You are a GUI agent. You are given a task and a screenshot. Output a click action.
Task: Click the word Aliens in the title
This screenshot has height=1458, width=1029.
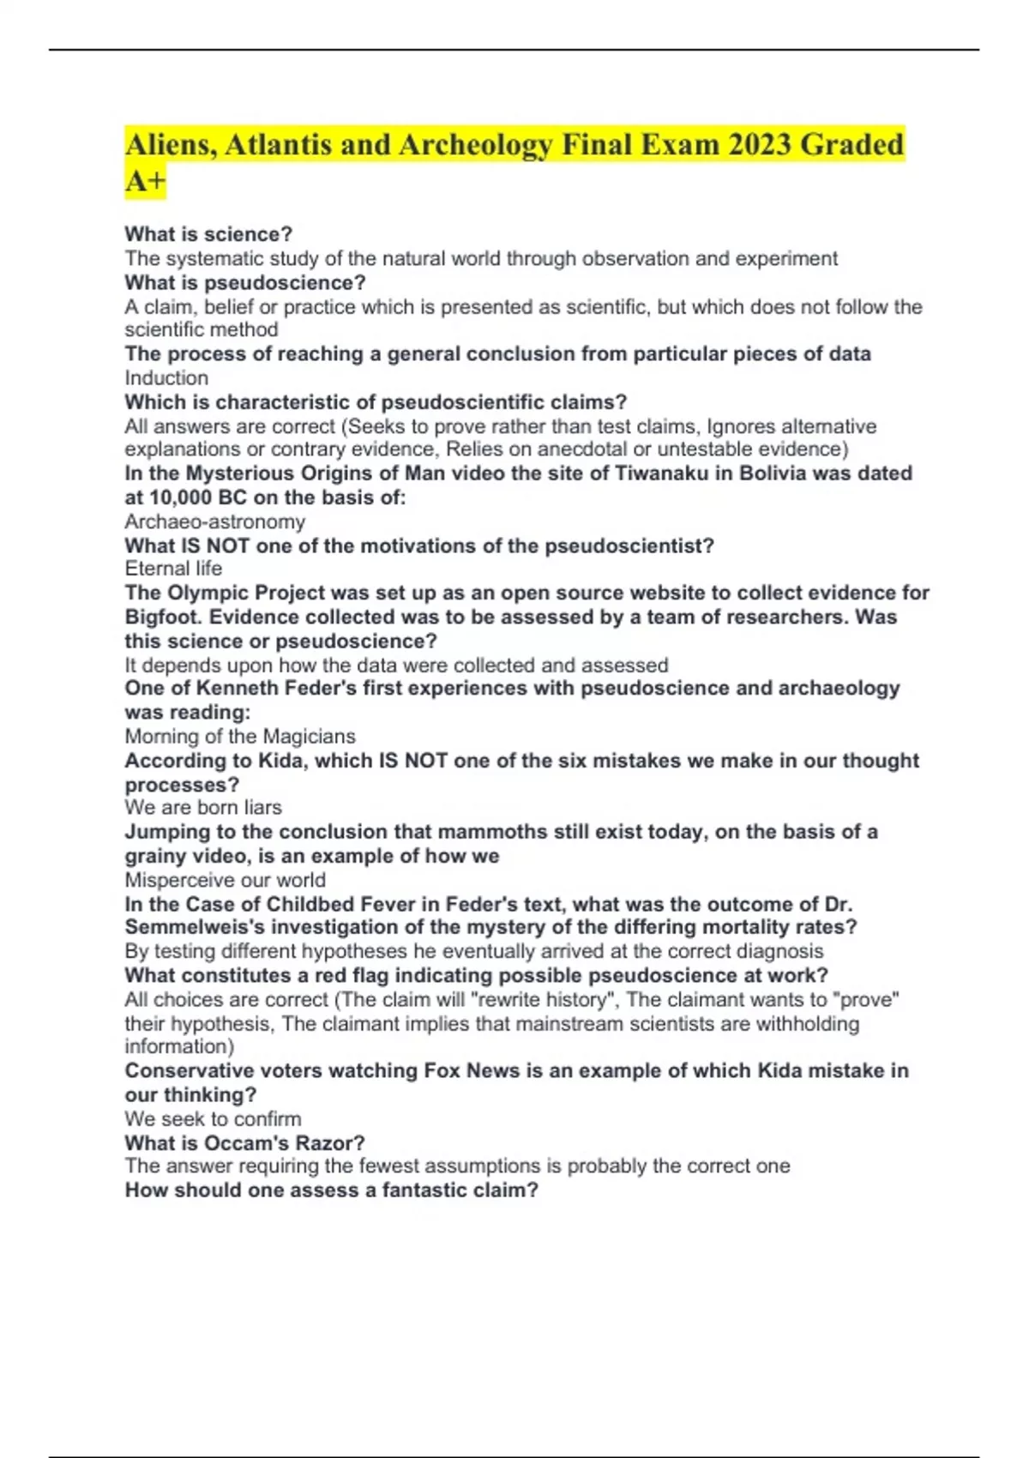pyautogui.click(x=169, y=145)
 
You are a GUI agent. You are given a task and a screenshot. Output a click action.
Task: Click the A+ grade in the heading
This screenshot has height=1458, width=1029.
pyautogui.click(x=144, y=182)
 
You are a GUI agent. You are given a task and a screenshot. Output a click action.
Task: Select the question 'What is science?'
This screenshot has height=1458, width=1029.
pyautogui.click(x=208, y=234)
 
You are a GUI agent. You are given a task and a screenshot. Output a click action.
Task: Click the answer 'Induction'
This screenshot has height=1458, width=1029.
pyautogui.click(x=166, y=378)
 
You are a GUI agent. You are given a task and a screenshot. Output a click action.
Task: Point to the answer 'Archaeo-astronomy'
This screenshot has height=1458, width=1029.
pyautogui.click(x=214, y=521)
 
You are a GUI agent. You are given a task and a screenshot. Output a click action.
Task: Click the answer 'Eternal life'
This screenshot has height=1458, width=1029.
pyautogui.click(x=173, y=569)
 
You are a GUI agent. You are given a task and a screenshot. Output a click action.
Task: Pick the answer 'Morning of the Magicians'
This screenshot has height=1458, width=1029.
pyautogui.click(x=240, y=737)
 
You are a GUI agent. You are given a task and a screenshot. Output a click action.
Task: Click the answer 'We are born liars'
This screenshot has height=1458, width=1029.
pyautogui.click(x=203, y=808)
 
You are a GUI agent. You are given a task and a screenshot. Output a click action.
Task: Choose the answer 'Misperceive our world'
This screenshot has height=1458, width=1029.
pyautogui.click(x=225, y=880)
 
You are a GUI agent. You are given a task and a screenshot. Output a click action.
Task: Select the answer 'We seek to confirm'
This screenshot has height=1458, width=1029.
pyautogui.click(x=213, y=1119)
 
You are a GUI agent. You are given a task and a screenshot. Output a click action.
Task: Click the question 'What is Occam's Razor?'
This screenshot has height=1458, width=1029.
pyautogui.click(x=244, y=1143)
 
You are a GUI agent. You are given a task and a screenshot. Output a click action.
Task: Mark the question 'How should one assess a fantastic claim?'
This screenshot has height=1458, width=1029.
pyautogui.click(x=331, y=1190)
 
